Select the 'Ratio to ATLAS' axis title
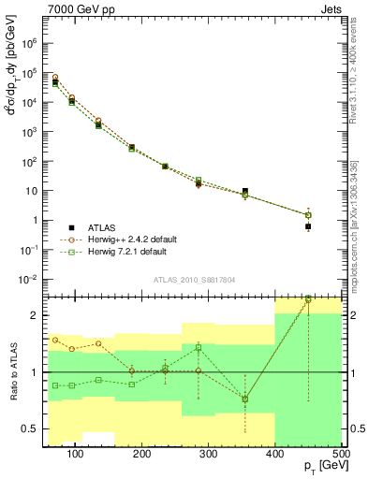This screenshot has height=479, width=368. click(12, 372)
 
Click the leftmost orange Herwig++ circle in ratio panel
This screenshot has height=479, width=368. click(55, 340)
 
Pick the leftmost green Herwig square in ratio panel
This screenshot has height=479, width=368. click(55, 385)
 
